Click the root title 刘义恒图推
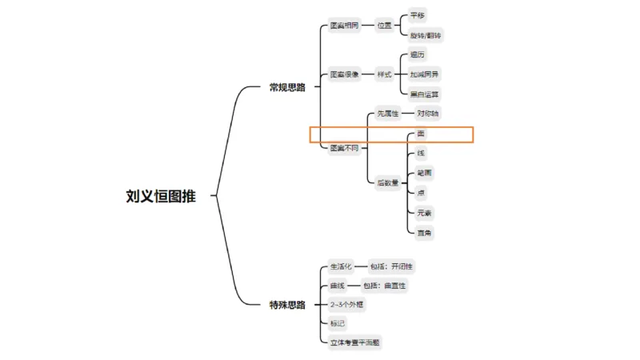click(x=160, y=195)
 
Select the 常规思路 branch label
click(x=286, y=87)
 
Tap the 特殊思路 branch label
click(x=286, y=304)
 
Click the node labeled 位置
click(x=385, y=26)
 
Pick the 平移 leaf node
click(x=418, y=15)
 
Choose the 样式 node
click(x=385, y=74)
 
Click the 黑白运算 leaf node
click(x=424, y=94)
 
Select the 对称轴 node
click(x=427, y=114)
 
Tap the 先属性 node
click(x=388, y=114)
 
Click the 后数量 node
click(x=388, y=182)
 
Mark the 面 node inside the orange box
click(x=421, y=134)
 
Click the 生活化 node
click(x=341, y=266)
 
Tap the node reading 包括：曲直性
click(x=390, y=285)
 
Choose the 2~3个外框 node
click(x=347, y=304)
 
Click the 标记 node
click(x=338, y=323)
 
